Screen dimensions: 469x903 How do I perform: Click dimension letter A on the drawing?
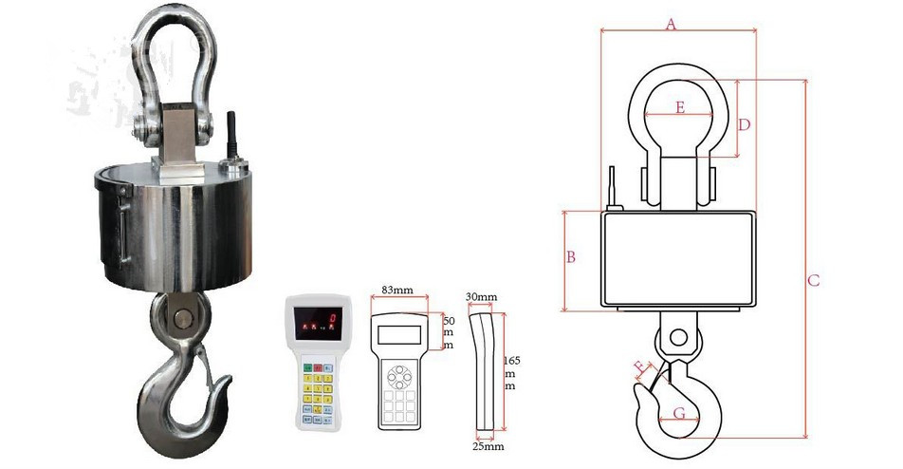pos(671,25)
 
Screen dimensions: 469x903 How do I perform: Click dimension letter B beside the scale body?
pos(571,257)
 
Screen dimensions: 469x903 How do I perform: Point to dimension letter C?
pos(813,281)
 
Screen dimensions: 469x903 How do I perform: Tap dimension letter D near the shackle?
pos(745,124)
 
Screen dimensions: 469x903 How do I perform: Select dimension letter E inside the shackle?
pos(680,107)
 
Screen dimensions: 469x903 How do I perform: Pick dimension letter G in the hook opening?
pos(679,412)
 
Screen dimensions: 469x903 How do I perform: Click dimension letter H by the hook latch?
pos(640,366)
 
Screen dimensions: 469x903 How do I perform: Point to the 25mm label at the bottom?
pos(489,444)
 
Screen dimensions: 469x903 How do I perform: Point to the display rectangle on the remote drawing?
pos(400,333)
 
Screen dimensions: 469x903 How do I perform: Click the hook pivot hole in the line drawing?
pos(676,337)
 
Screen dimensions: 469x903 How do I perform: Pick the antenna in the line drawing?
pos(612,189)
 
